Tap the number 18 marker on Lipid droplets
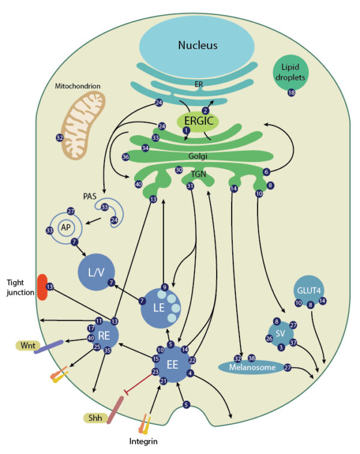point(292,92)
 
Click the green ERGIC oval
point(197,120)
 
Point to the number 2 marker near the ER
point(205,110)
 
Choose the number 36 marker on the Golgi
point(125,157)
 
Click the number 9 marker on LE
point(164,286)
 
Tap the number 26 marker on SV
point(269,339)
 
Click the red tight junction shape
point(43,286)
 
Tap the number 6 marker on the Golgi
point(266,172)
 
